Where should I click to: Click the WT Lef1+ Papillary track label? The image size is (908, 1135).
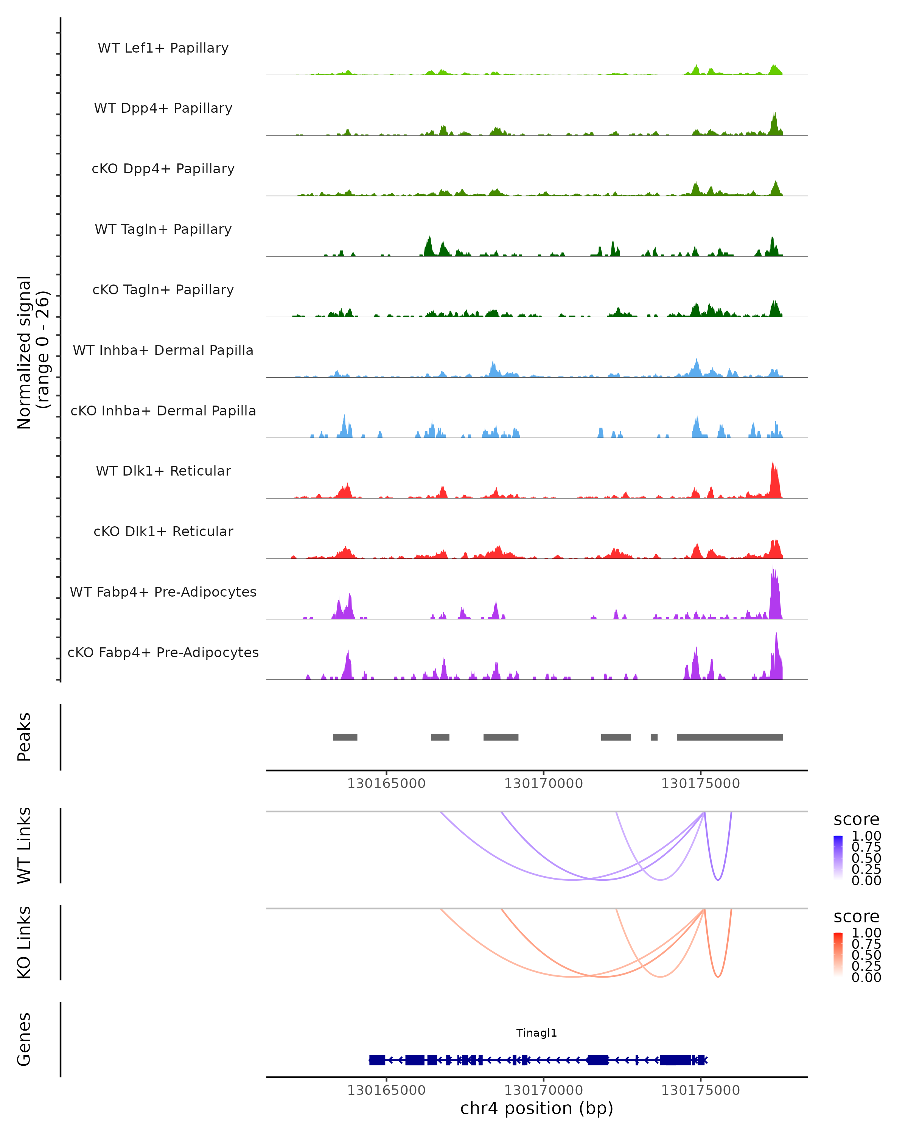tap(163, 48)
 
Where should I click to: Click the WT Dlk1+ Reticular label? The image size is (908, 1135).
tap(163, 471)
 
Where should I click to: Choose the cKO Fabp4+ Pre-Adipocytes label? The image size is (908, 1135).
tap(163, 652)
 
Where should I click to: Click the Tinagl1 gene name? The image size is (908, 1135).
tap(536, 1033)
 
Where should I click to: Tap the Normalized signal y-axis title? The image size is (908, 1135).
tap(33, 352)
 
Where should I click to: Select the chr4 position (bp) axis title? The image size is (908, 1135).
tap(536, 1108)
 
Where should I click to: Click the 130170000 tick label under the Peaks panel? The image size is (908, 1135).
tap(543, 784)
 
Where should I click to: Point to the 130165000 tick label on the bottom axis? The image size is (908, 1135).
tap(386, 1090)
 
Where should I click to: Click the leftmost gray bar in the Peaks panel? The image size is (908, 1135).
tap(345, 737)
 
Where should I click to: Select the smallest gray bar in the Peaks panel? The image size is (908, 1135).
tap(654, 737)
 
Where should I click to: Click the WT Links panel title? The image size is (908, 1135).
tap(24, 846)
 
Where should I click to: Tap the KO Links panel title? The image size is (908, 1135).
tap(24, 942)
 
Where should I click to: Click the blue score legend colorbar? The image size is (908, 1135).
tap(838, 858)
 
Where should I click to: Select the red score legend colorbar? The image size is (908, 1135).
tap(838, 955)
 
